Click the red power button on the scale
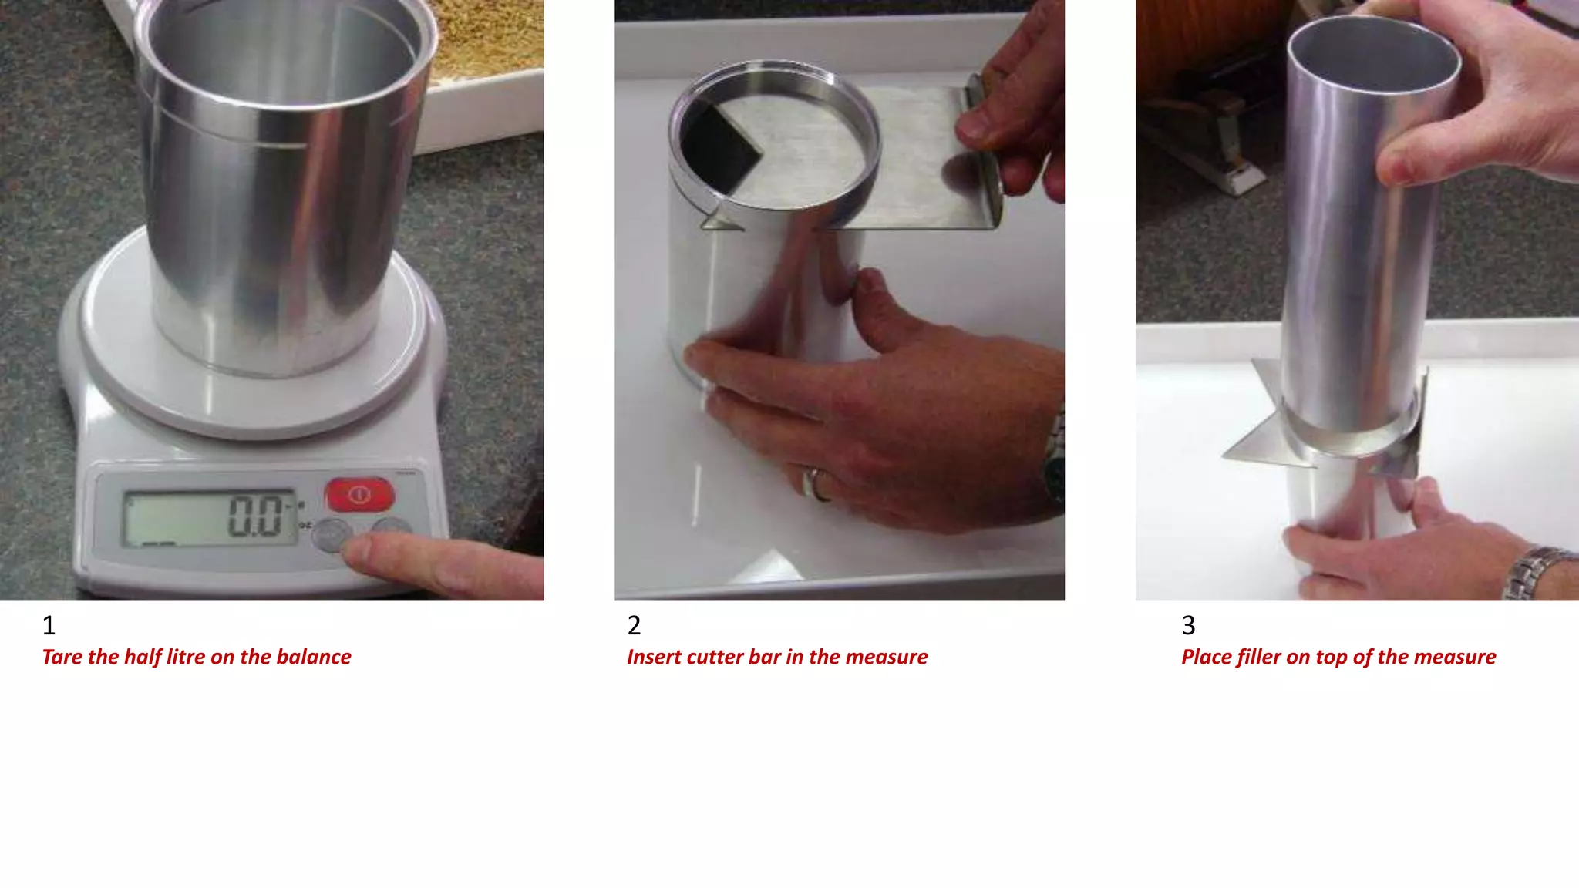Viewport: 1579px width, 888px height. (x=359, y=494)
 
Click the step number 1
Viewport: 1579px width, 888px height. (x=49, y=625)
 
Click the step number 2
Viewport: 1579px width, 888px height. (x=634, y=625)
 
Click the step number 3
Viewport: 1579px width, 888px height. (x=1188, y=625)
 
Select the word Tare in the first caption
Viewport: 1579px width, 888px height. (x=62, y=657)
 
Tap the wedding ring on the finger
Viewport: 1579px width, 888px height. (x=814, y=484)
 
